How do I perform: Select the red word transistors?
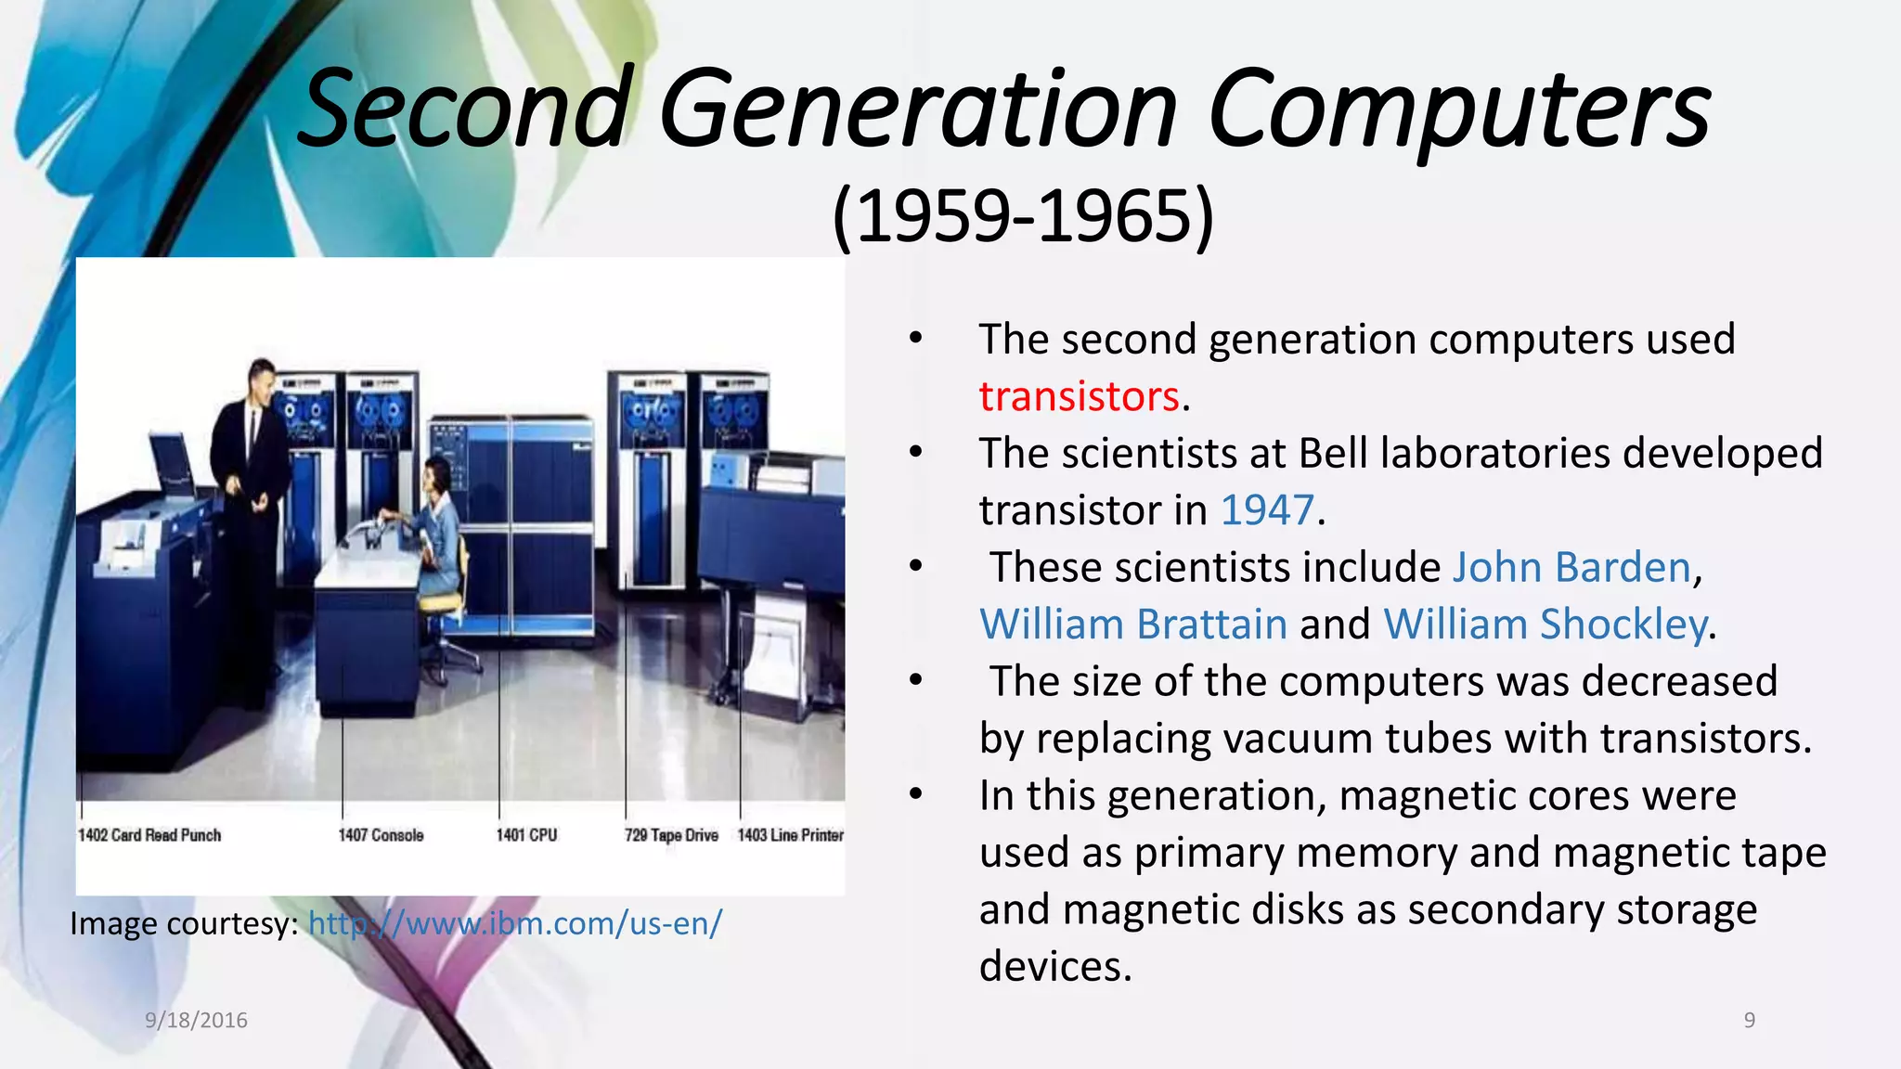[x=1079, y=396]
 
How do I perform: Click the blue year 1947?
[x=1267, y=510]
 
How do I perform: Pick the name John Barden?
[x=1571, y=567]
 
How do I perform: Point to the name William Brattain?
[x=1132, y=625]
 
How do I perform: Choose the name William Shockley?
[x=1545, y=625]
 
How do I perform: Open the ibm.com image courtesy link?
[x=514, y=923]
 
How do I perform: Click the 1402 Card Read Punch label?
[x=149, y=835]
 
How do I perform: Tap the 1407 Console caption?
[x=381, y=835]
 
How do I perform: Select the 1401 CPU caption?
[x=526, y=835]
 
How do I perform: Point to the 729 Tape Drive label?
[x=671, y=835]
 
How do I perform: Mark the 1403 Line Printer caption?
[x=790, y=835]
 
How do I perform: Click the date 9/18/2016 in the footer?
[x=196, y=1021]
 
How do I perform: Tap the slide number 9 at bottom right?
[x=1749, y=1021]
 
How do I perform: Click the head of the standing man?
[x=261, y=380]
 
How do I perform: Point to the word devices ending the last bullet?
[x=1054, y=967]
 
